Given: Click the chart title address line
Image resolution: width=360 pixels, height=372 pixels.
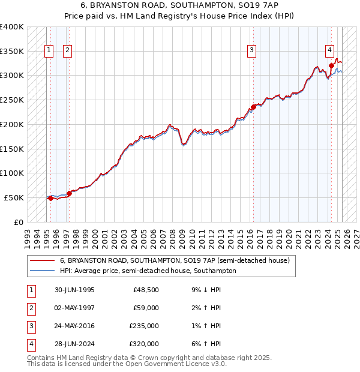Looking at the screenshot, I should [x=179, y=5].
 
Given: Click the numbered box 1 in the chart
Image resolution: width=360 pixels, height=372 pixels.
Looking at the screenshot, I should [x=48, y=50].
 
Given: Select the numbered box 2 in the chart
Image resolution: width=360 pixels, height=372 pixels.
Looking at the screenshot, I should [x=67, y=50].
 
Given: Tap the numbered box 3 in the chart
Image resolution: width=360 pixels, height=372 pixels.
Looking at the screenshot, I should [x=252, y=50].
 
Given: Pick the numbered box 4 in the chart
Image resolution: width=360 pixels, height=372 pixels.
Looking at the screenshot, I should [x=330, y=50].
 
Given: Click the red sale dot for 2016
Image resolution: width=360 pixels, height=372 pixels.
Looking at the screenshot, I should [x=253, y=107].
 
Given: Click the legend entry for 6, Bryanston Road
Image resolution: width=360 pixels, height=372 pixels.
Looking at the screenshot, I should [x=175, y=260].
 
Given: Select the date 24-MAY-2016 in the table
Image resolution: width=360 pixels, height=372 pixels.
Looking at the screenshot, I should [x=74, y=326].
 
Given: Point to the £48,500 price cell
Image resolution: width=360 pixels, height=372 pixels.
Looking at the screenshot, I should [x=146, y=290].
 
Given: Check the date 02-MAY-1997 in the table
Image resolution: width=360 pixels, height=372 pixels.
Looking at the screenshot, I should [x=74, y=308].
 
